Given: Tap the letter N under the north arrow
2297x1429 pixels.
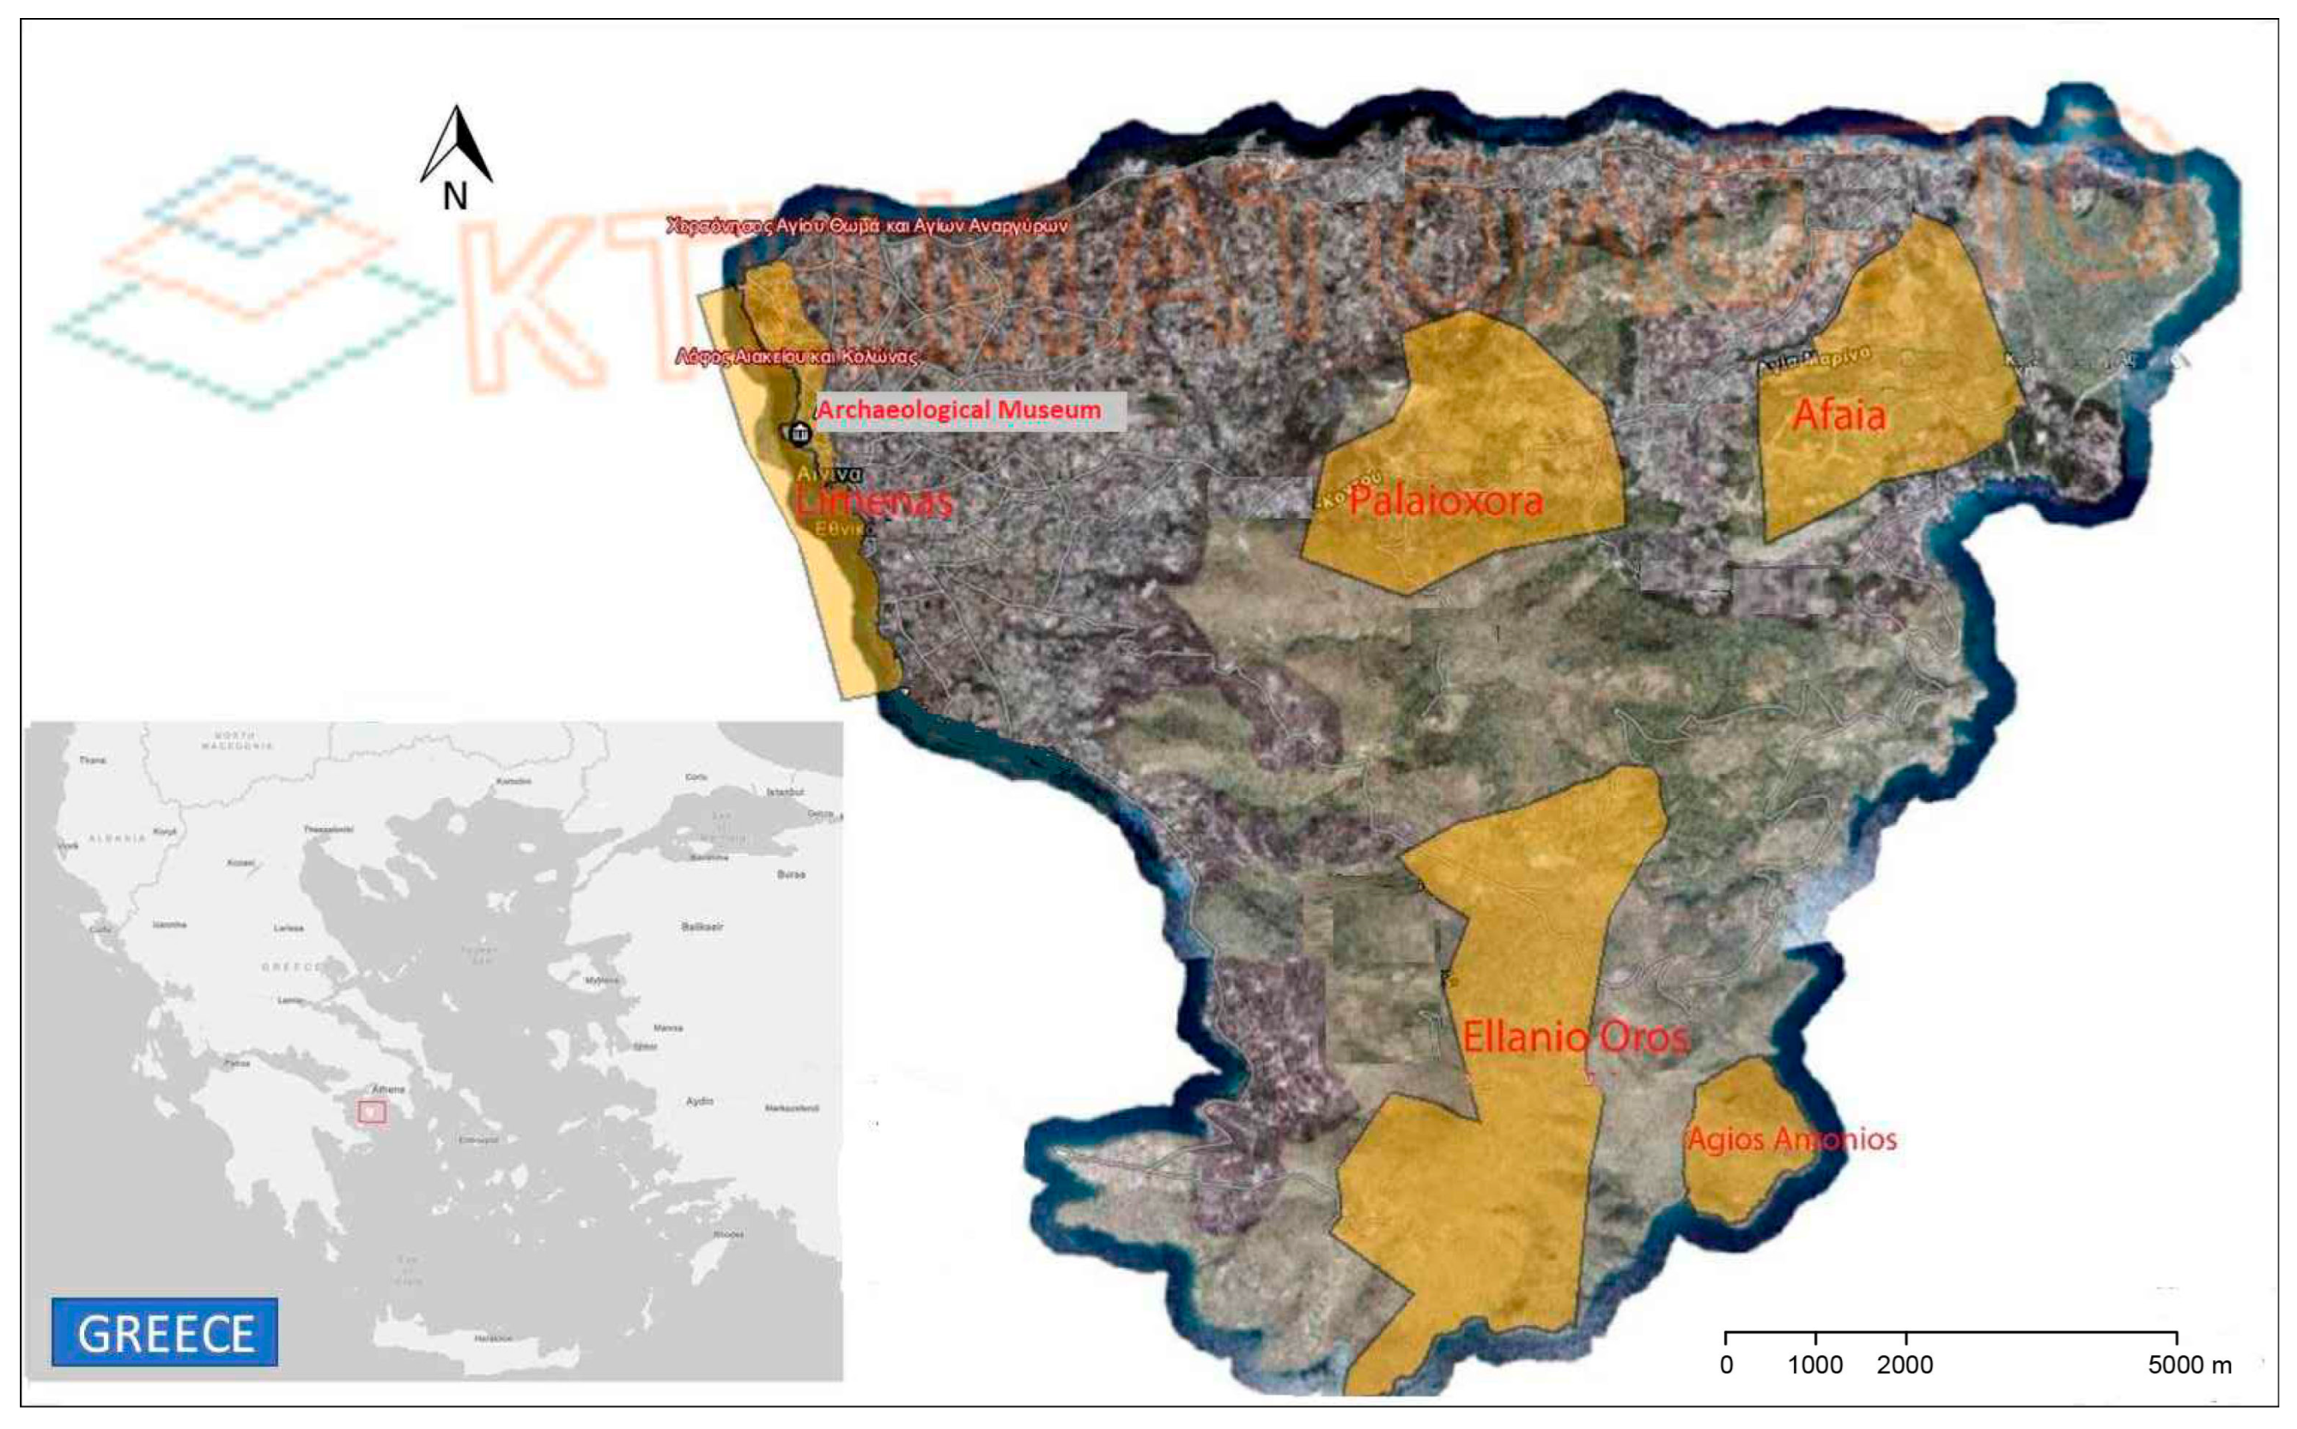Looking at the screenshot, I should [x=455, y=197].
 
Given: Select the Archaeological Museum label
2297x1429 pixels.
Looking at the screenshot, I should [x=959, y=410].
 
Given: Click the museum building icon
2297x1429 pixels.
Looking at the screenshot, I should [x=799, y=433].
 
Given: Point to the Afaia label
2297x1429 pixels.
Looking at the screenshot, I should [x=1838, y=415].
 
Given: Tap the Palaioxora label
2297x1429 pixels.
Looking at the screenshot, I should [x=1446, y=500].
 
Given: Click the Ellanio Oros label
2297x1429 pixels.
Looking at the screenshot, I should [x=1575, y=1037].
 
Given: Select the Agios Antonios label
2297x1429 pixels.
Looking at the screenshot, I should [x=1791, y=1138].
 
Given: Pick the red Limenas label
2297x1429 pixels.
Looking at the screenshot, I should [x=874, y=500].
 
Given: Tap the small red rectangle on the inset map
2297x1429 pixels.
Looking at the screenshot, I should [x=373, y=1111].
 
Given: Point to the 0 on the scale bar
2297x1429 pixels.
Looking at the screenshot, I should [x=1726, y=1365].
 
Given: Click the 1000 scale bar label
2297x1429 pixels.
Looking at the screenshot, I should [x=1815, y=1365].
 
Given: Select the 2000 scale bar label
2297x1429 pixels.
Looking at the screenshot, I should [x=1905, y=1365].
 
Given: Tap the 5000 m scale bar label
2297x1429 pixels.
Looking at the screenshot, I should [x=2190, y=1365].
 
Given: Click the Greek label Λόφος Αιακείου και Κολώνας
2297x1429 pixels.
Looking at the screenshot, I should [x=796, y=356].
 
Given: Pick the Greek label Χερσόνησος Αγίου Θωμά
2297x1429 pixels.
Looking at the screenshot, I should [x=866, y=226].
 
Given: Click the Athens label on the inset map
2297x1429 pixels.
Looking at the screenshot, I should [x=388, y=1089].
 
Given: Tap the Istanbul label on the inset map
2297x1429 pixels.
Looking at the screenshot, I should [x=785, y=792].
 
